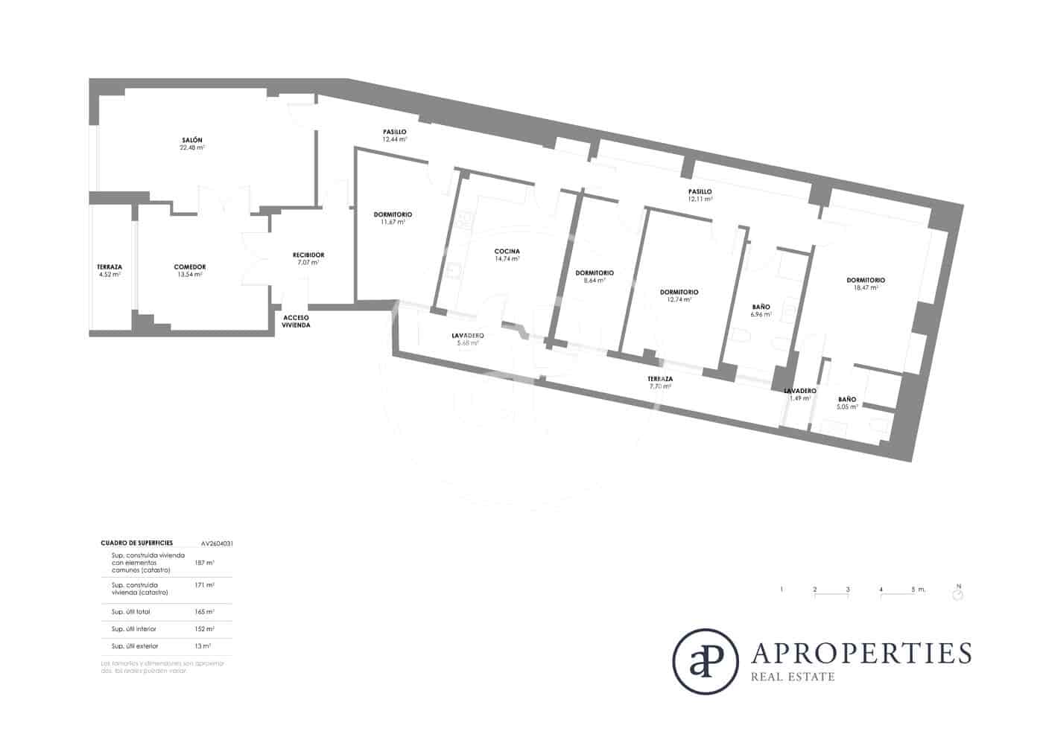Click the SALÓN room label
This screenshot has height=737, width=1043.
coord(191,140)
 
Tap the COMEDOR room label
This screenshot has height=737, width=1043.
coord(189,267)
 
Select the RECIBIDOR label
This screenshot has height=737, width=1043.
coord(308,255)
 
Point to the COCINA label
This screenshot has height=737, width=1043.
coord(507,251)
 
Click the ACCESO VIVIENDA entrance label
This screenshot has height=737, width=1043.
coord(296,322)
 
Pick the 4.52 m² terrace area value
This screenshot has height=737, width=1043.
coord(110,275)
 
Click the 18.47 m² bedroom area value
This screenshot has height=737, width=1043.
coord(865,287)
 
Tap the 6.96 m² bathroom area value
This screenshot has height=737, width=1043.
coord(761,315)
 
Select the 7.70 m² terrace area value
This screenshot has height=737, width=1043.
coord(661,386)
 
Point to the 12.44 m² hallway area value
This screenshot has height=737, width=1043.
coord(395,139)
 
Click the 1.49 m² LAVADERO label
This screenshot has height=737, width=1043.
coord(799,391)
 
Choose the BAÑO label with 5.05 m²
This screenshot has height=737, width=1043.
coord(847,399)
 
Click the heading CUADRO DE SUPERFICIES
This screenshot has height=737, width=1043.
coord(136,543)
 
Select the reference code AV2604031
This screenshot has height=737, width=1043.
coord(217,543)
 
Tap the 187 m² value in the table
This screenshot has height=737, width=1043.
coord(203,563)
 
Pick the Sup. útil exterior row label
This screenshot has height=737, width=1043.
coord(134,646)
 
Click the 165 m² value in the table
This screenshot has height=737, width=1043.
coord(203,612)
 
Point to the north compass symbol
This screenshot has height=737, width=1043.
coord(958,594)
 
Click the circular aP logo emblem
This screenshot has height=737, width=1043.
coord(705,662)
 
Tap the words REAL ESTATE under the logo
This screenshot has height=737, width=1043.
coord(793,677)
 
